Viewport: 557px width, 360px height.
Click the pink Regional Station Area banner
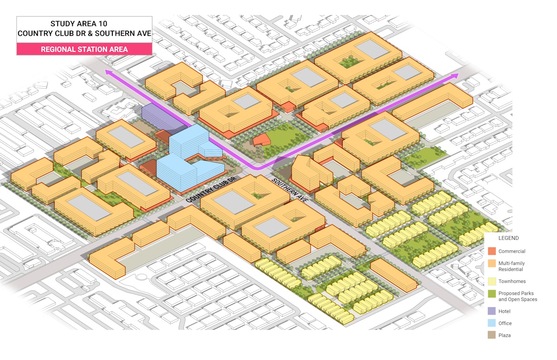click(84, 49)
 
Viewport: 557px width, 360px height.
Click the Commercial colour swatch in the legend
click(492, 251)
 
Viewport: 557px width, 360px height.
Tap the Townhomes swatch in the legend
click(492, 281)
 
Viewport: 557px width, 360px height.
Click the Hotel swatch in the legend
click(492, 311)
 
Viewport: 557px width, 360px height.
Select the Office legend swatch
click(492, 323)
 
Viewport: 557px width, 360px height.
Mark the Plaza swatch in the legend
click(492, 335)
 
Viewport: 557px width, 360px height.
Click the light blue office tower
click(186, 158)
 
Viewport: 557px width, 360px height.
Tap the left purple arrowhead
click(109, 72)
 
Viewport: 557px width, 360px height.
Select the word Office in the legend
click(505, 323)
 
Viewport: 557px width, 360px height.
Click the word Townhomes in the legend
click(512, 281)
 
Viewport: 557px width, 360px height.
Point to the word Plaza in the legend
click(505, 335)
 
